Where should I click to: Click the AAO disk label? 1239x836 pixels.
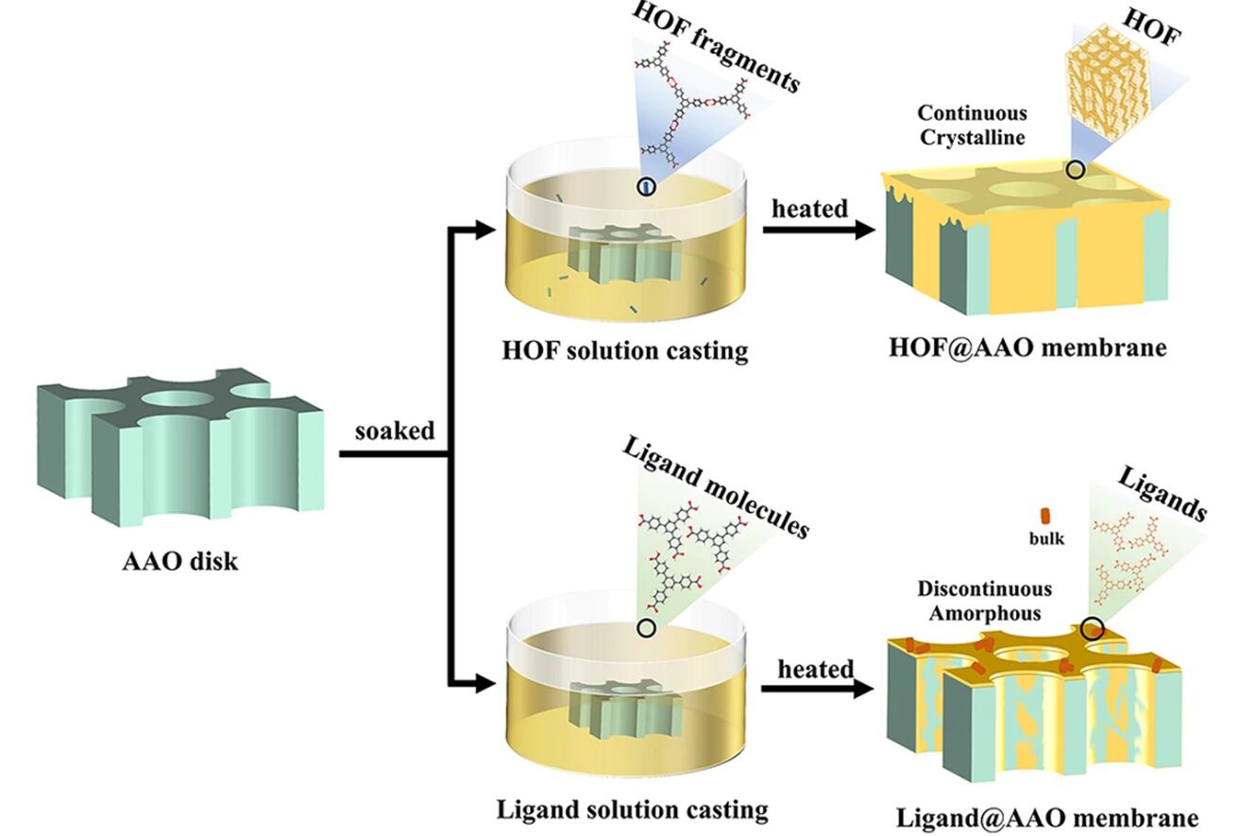(180, 561)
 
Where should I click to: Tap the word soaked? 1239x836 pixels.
(395, 431)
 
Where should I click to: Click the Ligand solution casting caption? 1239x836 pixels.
(632, 809)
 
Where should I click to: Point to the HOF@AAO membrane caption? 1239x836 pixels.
(1027, 347)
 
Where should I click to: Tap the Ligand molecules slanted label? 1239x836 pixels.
(715, 488)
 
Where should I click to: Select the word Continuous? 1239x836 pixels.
(972, 113)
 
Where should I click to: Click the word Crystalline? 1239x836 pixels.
(972, 136)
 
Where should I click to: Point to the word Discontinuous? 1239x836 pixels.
(984, 589)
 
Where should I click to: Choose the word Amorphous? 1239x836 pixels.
(984, 612)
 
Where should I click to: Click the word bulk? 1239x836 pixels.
(1046, 538)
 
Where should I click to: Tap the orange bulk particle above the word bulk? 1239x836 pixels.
(1045, 516)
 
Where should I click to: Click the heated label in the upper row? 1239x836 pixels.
(809, 209)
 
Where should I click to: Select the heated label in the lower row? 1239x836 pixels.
(816, 669)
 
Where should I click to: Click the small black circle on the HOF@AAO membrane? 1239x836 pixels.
(1075, 170)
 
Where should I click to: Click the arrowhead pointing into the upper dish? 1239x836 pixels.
(485, 230)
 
